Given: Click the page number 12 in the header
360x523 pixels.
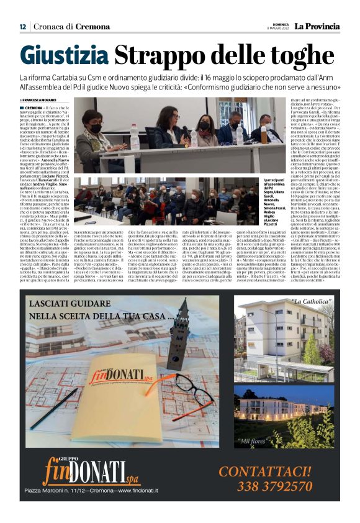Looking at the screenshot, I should [x=22, y=26].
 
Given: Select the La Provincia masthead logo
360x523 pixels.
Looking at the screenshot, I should [x=317, y=26].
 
